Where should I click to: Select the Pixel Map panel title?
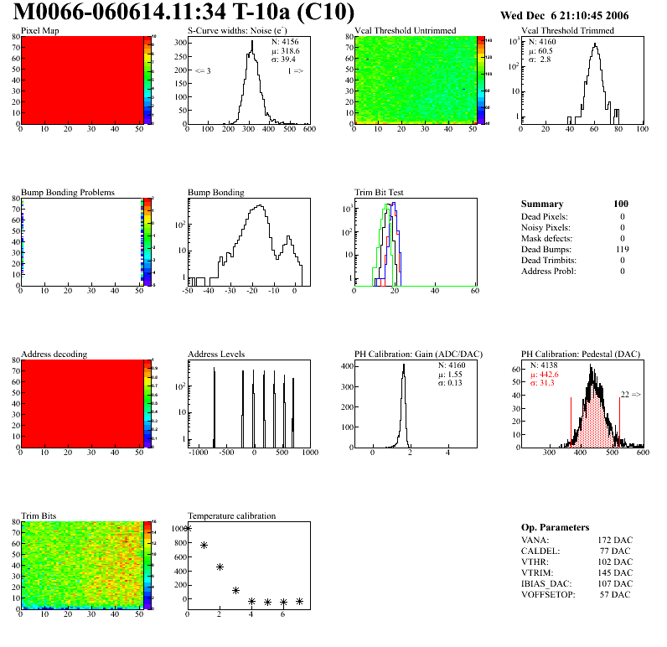coord(39,31)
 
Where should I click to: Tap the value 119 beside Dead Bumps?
coord(622,249)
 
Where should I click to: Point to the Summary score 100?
coord(621,204)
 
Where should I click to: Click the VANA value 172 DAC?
coord(616,540)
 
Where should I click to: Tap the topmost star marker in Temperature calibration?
coord(188,528)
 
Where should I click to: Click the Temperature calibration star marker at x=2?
coord(220,567)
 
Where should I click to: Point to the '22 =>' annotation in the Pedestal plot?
coord(630,394)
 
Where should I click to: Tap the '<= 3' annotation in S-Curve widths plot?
coord(203,71)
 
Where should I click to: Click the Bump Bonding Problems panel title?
coord(68,193)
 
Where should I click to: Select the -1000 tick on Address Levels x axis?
coord(199,453)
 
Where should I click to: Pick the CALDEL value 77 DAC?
coord(616,551)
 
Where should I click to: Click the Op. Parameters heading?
coord(555,527)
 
